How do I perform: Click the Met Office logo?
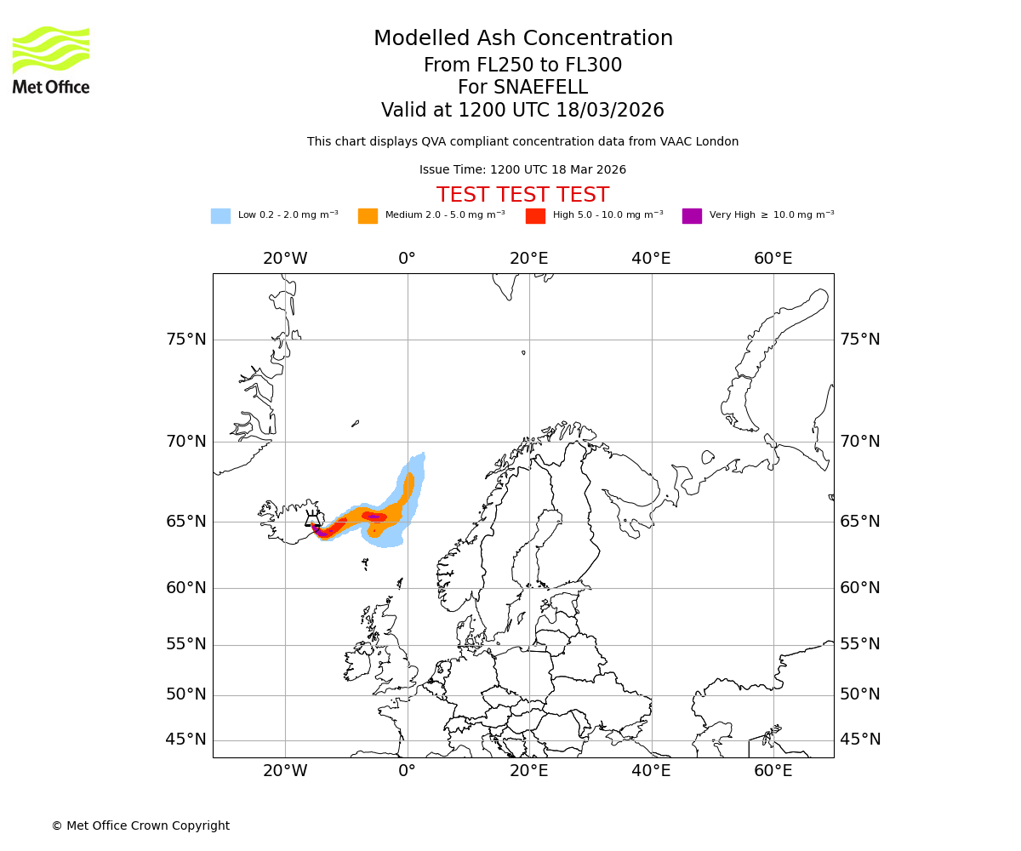click(51, 60)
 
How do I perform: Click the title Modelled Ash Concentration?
click(522, 38)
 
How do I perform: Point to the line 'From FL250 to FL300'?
click(522, 66)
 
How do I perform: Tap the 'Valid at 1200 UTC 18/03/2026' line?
click(522, 111)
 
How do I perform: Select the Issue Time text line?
click(522, 170)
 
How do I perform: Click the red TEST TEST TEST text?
click(522, 195)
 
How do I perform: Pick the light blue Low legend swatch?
click(220, 216)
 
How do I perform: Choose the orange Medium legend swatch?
click(368, 216)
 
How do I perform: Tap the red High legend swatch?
click(535, 216)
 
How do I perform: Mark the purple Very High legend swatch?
click(692, 216)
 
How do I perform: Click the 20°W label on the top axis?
click(285, 259)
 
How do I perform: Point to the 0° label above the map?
click(407, 259)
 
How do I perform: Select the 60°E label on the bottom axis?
click(773, 771)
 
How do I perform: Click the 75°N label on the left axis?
click(185, 340)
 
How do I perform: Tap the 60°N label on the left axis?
click(185, 588)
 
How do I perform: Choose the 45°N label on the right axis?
click(860, 740)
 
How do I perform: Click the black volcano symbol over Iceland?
click(312, 518)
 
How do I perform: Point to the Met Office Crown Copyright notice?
click(140, 825)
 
